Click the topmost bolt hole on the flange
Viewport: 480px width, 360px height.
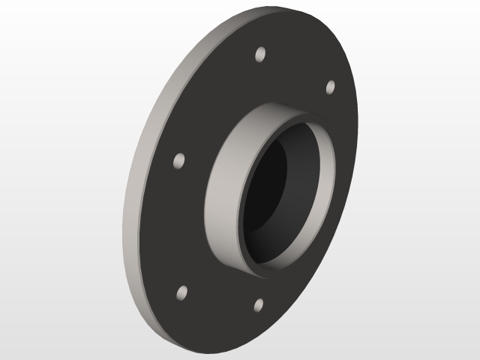click(260, 55)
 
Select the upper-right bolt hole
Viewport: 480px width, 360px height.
click(330, 87)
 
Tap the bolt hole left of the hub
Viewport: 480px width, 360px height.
click(179, 160)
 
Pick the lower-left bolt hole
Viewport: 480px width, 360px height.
click(181, 293)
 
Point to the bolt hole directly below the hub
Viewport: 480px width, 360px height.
click(258, 304)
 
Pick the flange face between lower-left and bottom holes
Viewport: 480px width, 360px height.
click(217, 307)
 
